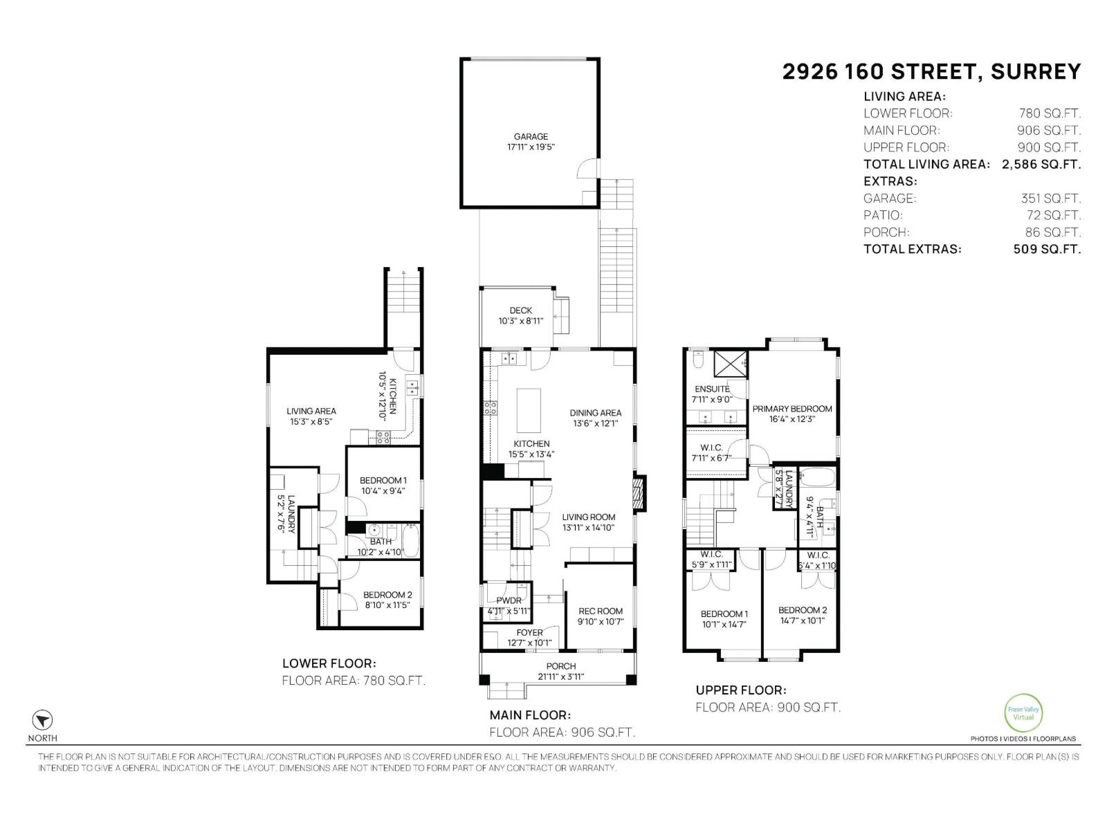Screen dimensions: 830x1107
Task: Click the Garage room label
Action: click(531, 137)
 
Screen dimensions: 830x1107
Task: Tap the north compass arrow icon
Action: click(43, 719)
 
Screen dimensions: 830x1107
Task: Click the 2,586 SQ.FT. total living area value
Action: click(1041, 165)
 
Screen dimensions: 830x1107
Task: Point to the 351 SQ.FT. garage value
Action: click(1050, 199)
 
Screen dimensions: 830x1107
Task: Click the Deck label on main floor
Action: click(520, 311)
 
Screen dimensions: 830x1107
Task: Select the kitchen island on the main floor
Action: click(529, 409)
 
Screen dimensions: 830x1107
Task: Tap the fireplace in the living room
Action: click(640, 492)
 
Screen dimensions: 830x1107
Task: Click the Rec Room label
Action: click(601, 611)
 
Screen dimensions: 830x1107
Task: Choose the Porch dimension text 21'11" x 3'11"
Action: click(560, 677)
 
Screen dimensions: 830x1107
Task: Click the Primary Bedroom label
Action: click(792, 409)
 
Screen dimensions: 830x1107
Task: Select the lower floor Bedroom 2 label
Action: click(387, 595)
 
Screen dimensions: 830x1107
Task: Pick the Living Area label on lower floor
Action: click(311, 411)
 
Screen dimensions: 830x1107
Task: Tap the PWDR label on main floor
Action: click(509, 600)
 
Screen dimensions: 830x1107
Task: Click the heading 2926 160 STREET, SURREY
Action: click(931, 72)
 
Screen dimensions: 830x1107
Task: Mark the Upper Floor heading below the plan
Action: click(740, 690)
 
